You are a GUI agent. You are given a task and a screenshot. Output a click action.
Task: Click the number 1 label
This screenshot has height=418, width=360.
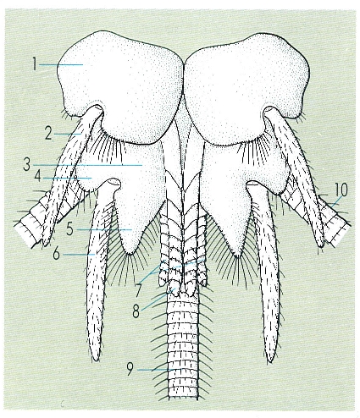(35, 64)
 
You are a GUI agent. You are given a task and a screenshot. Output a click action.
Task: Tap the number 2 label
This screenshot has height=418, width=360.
(48, 135)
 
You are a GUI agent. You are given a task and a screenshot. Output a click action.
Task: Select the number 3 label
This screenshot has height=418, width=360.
(27, 165)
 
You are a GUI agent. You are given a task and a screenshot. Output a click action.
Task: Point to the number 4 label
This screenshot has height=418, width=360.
(37, 178)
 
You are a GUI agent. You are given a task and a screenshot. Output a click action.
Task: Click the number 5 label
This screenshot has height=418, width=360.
(69, 229)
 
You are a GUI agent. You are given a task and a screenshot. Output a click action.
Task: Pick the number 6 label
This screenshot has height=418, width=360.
(57, 255)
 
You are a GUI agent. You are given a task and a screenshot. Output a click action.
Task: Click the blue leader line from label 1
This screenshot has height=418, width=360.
(61, 65)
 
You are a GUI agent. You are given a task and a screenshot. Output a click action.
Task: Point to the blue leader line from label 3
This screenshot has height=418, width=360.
(87, 165)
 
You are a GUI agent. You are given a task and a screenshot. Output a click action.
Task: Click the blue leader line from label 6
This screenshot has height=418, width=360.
(79, 255)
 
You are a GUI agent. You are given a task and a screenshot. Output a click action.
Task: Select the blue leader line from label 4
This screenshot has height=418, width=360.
(68, 178)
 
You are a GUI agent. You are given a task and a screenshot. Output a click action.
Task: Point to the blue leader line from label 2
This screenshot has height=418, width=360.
(68, 135)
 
